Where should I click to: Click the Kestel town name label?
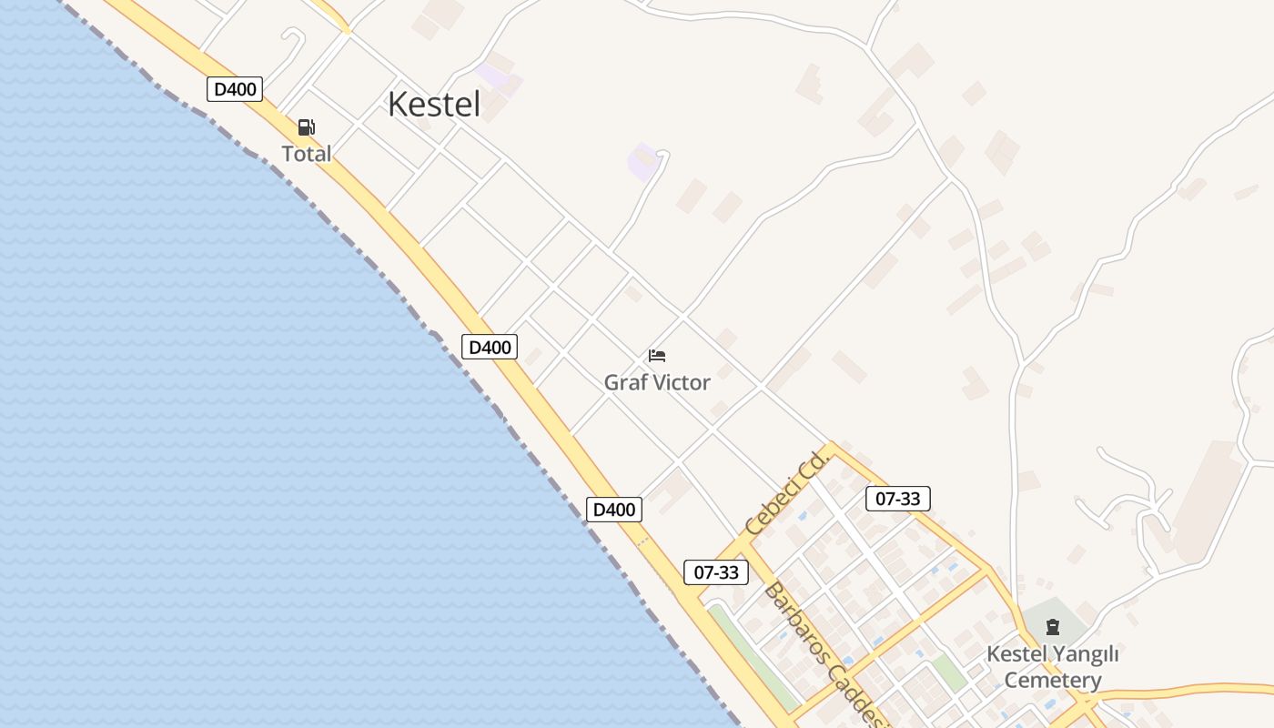[x=434, y=104]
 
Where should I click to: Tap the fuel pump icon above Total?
[x=307, y=127]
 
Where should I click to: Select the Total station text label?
[x=307, y=154]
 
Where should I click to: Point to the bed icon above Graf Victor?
[x=657, y=355]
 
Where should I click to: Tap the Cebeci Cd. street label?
[x=784, y=495]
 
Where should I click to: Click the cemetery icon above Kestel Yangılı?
[x=1053, y=626]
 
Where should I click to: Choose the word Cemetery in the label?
[x=1053, y=680]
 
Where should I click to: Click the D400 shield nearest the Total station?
[x=235, y=89]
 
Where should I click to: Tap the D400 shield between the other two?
[x=490, y=347]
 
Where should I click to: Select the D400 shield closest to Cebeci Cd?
[x=614, y=510]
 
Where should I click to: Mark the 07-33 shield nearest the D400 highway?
[x=716, y=572]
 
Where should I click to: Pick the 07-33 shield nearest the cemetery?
[x=897, y=499]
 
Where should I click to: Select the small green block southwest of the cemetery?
[x=949, y=672]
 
